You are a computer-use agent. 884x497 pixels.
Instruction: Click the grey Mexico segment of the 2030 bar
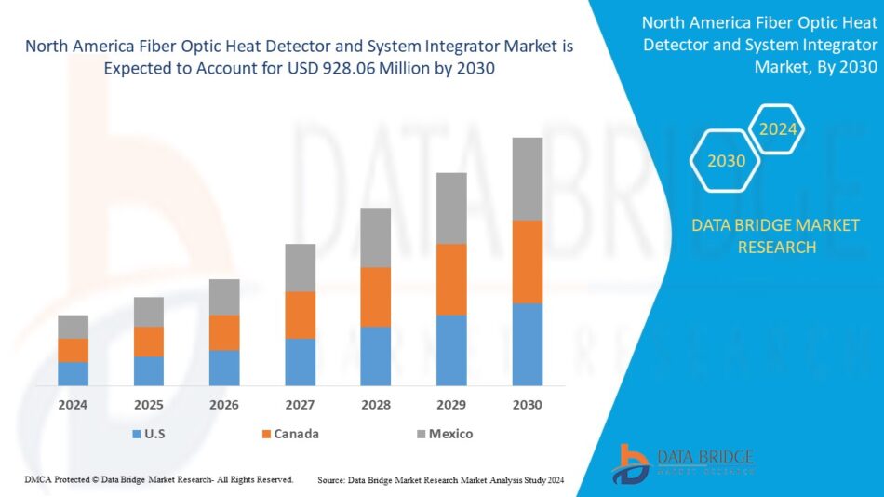527,179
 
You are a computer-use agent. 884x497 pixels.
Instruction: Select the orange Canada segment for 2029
451,279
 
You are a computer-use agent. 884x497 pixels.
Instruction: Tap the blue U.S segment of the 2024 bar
74,373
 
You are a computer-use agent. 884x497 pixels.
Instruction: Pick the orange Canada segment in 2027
301,315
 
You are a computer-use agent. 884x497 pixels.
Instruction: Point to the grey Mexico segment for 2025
149,312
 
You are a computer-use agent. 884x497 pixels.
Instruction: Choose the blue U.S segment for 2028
376,356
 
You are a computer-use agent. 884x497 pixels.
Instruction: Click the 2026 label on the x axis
224,405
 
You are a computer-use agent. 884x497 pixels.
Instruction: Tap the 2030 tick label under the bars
527,405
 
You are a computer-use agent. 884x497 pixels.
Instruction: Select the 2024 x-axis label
73,405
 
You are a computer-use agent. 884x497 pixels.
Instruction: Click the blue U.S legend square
137,434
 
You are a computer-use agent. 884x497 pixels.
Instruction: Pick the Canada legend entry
290,434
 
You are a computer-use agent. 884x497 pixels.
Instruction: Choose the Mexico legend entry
445,434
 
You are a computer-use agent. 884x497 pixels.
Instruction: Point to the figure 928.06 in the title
349,68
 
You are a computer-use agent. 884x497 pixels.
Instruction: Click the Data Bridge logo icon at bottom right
630,464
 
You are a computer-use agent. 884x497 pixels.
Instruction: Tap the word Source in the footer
331,480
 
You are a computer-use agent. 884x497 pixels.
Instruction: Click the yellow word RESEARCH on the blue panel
777,247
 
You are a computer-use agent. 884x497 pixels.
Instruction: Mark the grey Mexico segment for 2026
224,297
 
